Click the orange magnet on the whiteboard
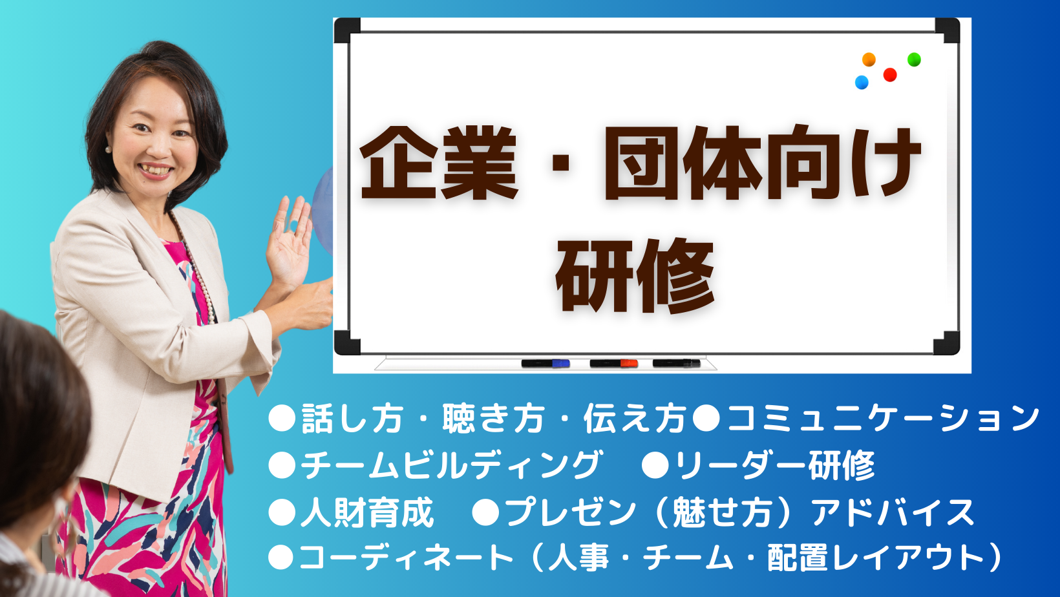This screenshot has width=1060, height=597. [x=868, y=59]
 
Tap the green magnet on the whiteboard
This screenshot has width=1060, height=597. [x=914, y=59]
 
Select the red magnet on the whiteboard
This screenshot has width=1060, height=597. [x=889, y=75]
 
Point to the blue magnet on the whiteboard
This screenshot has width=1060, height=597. [x=862, y=82]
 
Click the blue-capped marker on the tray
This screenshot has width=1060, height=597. [x=545, y=363]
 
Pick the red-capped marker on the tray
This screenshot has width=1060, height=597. [x=614, y=363]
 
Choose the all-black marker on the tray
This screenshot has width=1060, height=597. [x=676, y=363]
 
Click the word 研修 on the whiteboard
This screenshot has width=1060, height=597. [x=635, y=276]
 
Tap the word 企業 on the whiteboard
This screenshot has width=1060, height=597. [x=439, y=163]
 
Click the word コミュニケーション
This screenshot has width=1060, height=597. [x=883, y=419]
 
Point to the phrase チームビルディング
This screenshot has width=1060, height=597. [x=451, y=465]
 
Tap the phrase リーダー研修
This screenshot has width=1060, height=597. [x=774, y=465]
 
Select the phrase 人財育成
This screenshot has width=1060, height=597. [x=367, y=512]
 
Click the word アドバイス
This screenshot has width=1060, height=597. [x=893, y=512]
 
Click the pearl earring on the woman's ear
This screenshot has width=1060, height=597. [x=109, y=150]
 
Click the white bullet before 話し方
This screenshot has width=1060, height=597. [x=282, y=418]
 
